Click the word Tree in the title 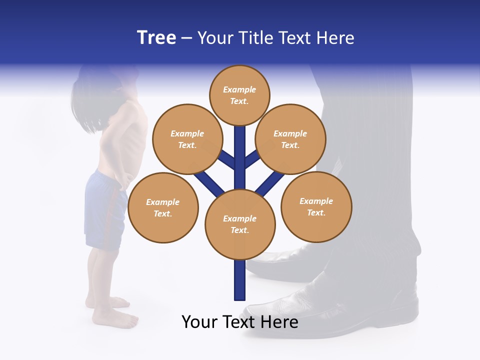pyautogui.click(x=156, y=38)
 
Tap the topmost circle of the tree pyautogui.click(x=239, y=95)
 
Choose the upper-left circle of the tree pyautogui.click(x=187, y=139)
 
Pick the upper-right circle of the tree pyautogui.click(x=290, y=139)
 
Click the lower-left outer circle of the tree pyautogui.click(x=163, y=207)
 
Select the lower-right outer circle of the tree pyautogui.click(x=316, y=206)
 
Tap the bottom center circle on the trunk pyautogui.click(x=240, y=224)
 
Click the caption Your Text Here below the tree pyautogui.click(x=239, y=321)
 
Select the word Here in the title pyautogui.click(x=336, y=38)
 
